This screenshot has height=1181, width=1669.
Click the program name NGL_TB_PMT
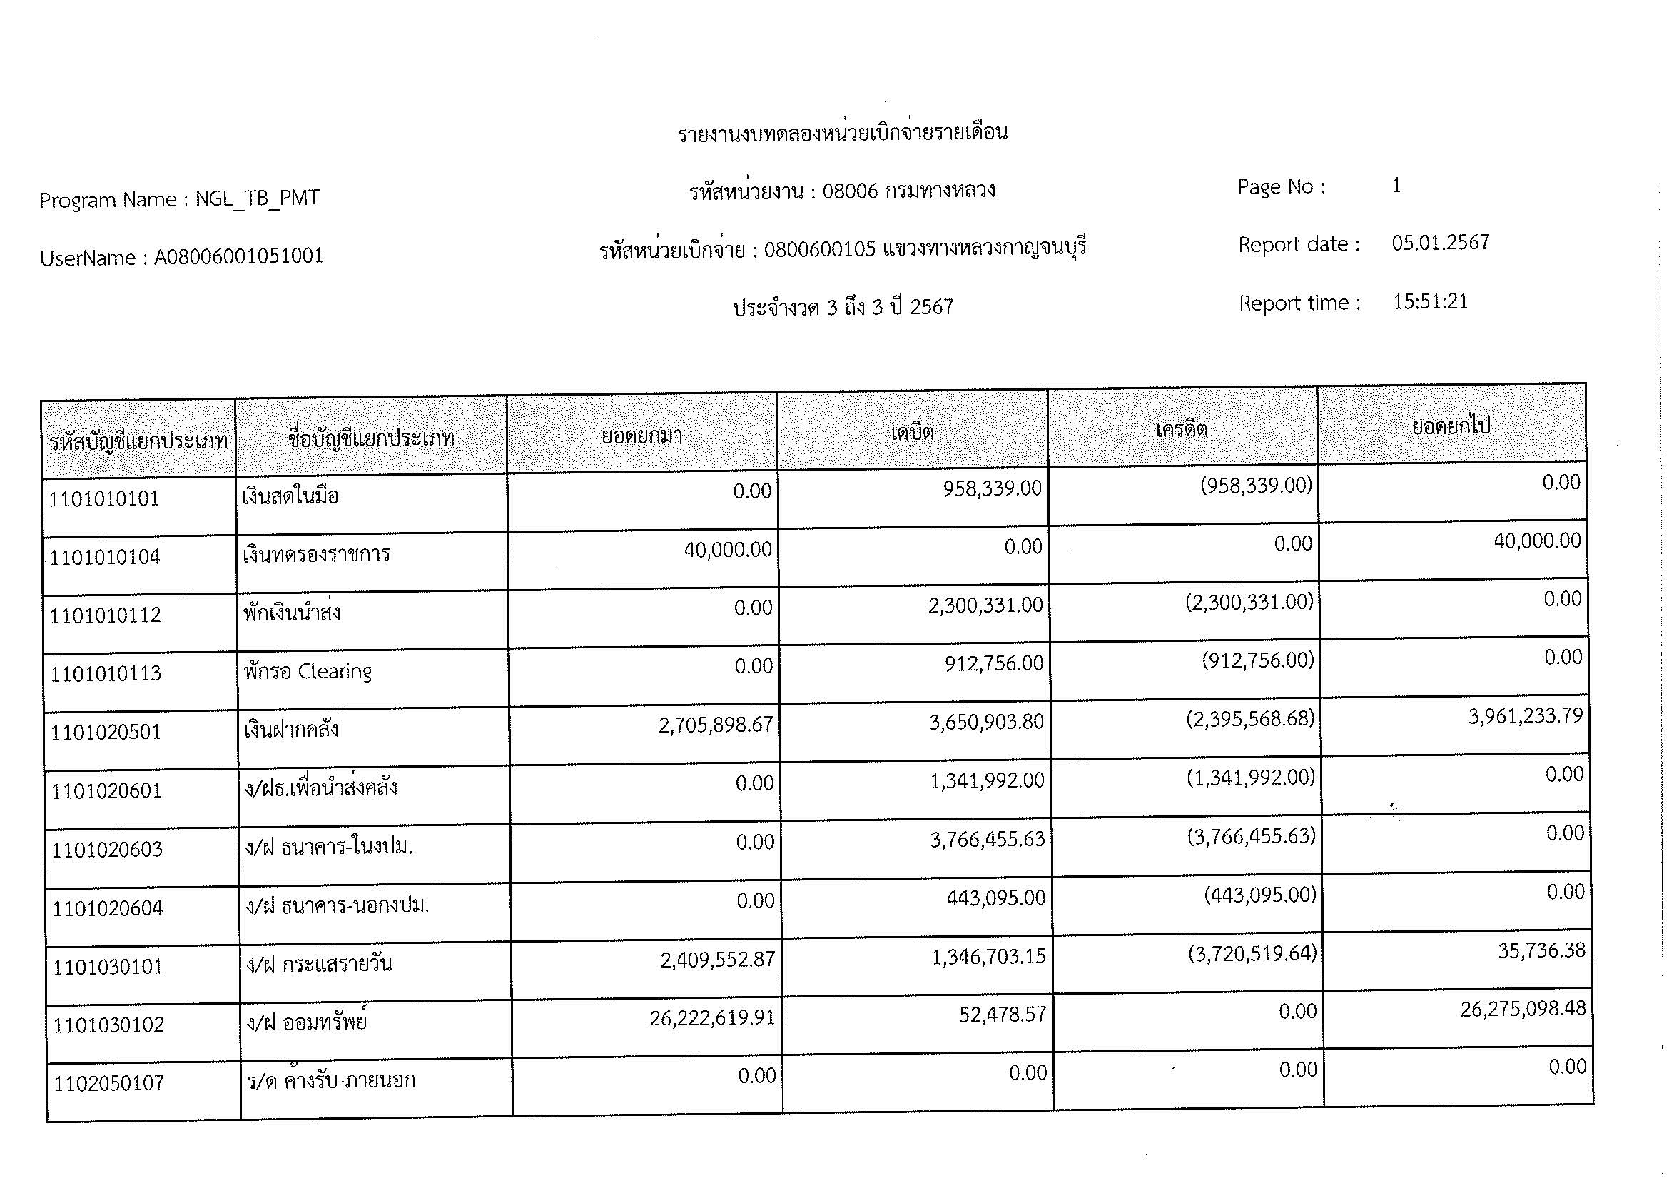click(x=258, y=198)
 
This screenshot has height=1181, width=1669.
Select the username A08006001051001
click(x=238, y=256)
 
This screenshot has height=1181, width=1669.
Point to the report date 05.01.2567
click(x=1440, y=242)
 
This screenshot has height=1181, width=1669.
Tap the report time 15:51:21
click(x=1430, y=301)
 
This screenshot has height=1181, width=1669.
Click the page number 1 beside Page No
click(x=1396, y=186)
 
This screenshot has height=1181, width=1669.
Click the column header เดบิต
click(x=913, y=433)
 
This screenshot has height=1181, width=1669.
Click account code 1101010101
click(x=104, y=499)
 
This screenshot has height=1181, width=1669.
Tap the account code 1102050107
click(x=110, y=1084)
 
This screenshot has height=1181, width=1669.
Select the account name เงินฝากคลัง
click(x=290, y=730)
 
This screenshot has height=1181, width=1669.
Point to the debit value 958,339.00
click(x=993, y=488)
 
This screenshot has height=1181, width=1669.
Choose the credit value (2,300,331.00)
click(x=1249, y=602)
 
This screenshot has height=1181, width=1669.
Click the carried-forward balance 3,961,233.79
click(x=1525, y=716)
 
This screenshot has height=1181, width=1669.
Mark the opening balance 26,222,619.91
click(x=711, y=1018)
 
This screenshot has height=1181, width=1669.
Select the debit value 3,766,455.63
click(x=987, y=840)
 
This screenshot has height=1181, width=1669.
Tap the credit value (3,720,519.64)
click(x=1252, y=953)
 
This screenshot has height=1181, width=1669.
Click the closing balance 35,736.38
click(x=1541, y=950)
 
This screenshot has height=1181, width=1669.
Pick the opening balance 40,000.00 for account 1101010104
click(x=728, y=549)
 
